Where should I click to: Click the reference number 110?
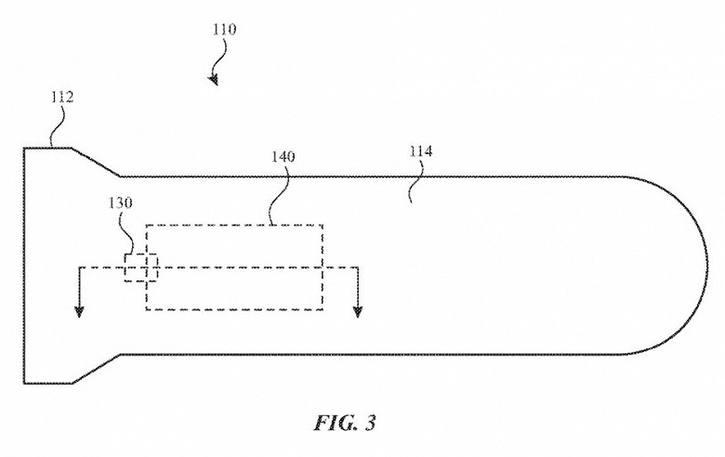click(x=224, y=30)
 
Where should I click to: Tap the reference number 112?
click(x=62, y=98)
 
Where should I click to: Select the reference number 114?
click(x=421, y=151)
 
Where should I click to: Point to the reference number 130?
click(x=120, y=202)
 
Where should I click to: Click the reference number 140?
click(x=283, y=157)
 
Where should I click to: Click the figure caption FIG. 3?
click(x=345, y=423)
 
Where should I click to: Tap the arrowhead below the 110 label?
click(x=214, y=81)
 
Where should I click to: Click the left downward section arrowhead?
click(x=80, y=311)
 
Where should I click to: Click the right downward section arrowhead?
click(x=358, y=311)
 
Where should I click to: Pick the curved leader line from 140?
click(x=280, y=194)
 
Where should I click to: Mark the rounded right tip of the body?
click(x=707, y=266)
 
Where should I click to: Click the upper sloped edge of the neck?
click(x=96, y=162)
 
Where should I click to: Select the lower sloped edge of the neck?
click(x=96, y=369)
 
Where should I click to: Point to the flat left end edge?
click(x=24, y=266)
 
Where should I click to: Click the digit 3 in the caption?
click(x=369, y=423)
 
